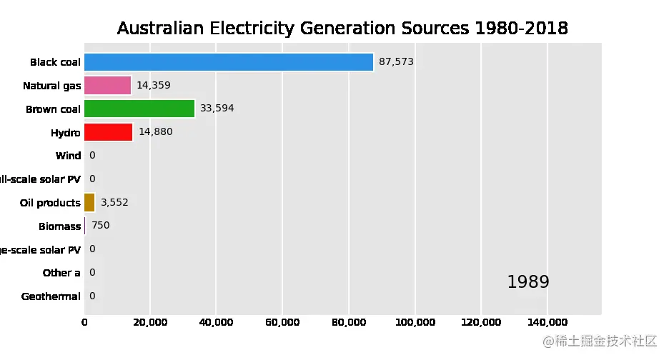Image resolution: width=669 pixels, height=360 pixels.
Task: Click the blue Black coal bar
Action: pyautogui.click(x=229, y=62)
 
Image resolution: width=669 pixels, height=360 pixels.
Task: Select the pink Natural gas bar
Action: pyautogui.click(x=108, y=86)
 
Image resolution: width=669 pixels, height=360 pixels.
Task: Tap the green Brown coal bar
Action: pyautogui.click(x=139, y=109)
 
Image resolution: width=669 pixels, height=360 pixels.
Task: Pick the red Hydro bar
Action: pyautogui.click(x=109, y=132)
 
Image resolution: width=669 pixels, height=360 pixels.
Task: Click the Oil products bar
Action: pyautogui.click(x=89, y=203)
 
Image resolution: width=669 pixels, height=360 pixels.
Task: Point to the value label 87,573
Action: pyautogui.click(x=396, y=62)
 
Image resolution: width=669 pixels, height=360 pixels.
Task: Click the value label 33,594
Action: pyautogui.click(x=217, y=109)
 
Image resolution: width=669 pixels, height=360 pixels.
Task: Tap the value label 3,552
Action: pyautogui.click(x=114, y=203)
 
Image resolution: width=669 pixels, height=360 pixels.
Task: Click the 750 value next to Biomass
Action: pyautogui.click(x=101, y=226)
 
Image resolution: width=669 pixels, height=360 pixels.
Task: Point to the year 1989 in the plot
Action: pyautogui.click(x=527, y=282)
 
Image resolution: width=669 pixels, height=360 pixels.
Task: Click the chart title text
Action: pyautogui.click(x=342, y=29)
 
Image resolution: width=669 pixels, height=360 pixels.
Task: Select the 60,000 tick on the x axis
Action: pyautogui.click(x=282, y=323)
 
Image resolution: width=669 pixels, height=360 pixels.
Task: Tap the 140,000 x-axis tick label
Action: pyautogui.click(x=547, y=323)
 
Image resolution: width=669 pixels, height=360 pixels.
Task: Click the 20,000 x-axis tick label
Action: pyautogui.click(x=150, y=323)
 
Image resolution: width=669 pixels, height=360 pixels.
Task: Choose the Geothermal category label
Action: pyautogui.click(x=51, y=296)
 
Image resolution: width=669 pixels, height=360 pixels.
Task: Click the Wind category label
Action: pyautogui.click(x=68, y=156)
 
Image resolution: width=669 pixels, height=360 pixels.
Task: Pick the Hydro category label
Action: pyautogui.click(x=66, y=132)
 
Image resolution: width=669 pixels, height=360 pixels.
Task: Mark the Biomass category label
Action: pyautogui.click(x=60, y=226)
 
